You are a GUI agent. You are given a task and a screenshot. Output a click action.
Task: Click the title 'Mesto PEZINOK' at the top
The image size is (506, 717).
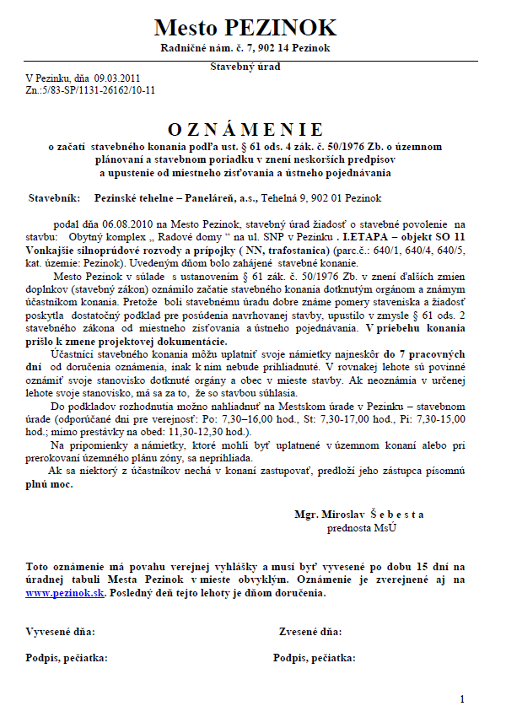245,27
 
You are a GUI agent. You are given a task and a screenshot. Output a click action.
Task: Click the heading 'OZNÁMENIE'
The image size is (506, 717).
245,129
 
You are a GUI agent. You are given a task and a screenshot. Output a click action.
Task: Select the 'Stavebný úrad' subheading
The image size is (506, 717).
245,66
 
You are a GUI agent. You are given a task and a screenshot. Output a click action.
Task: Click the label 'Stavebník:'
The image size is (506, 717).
55,198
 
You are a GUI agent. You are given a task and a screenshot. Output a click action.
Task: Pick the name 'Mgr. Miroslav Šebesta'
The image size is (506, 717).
359,515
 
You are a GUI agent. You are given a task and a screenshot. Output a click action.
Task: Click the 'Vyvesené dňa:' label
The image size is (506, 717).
61,631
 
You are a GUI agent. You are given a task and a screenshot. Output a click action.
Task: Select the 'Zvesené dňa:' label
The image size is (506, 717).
310,631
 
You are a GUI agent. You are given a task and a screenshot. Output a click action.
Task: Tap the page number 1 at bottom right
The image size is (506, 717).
462,698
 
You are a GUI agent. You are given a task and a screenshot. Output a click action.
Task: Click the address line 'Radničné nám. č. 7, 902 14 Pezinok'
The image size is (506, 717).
245,49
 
